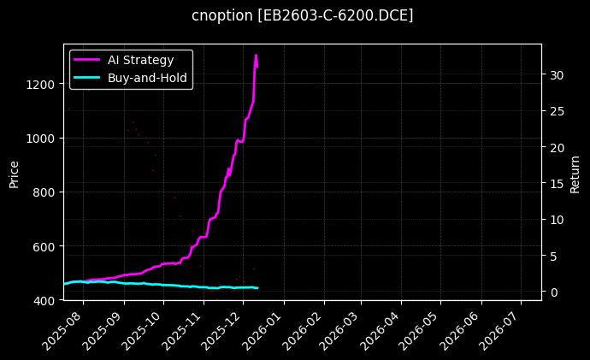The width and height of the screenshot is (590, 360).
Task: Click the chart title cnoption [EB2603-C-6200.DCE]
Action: coord(303,15)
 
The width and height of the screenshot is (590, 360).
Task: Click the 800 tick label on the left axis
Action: coord(44,192)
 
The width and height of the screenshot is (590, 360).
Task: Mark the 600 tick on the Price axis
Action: coord(44,246)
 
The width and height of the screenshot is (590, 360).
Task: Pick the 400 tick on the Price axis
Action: coord(44,301)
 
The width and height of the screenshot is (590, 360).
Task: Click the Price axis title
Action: coord(15,172)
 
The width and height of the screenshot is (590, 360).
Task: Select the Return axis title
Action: coord(575,172)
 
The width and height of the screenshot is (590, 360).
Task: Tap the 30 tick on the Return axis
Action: coord(557,75)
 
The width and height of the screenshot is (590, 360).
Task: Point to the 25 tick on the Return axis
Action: coord(557,111)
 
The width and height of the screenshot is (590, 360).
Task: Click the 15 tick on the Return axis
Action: coord(557,184)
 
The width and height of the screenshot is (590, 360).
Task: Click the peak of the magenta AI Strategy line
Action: coord(256,56)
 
